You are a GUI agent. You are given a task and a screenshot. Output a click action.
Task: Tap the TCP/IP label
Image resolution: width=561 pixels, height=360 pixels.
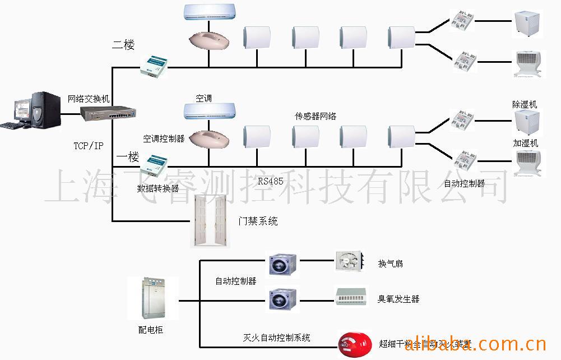(x=89, y=146)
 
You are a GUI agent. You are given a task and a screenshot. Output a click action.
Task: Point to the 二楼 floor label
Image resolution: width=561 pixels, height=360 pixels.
(x=123, y=45)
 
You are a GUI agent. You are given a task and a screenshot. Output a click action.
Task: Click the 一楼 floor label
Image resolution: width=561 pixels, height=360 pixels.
(x=127, y=157)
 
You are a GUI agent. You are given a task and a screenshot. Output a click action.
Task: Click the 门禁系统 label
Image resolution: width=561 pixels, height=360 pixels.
(x=258, y=221)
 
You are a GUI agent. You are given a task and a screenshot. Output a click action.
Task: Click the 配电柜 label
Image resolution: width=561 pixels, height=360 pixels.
(x=151, y=330)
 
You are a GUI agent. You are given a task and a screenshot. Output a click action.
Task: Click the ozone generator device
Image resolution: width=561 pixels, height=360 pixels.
(x=352, y=296)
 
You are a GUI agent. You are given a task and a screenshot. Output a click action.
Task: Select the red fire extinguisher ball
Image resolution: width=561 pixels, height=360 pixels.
(x=354, y=343)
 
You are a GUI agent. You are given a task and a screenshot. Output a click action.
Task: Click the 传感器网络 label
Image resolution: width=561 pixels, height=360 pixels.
(x=316, y=116)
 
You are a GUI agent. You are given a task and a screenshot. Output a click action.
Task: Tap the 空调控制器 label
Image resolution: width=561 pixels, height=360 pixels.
(x=164, y=139)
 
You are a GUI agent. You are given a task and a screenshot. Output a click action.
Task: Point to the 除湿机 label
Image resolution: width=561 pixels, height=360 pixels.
(x=525, y=104)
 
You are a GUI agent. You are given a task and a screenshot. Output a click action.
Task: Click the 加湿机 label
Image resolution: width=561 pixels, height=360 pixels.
(x=525, y=143)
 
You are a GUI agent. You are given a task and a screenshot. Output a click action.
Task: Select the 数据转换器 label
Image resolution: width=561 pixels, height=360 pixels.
(x=158, y=189)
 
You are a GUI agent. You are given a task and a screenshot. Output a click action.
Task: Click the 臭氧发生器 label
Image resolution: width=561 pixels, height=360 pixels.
(x=398, y=299)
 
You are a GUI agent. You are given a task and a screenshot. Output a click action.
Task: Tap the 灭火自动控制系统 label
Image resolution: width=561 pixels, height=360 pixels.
(x=276, y=338)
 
